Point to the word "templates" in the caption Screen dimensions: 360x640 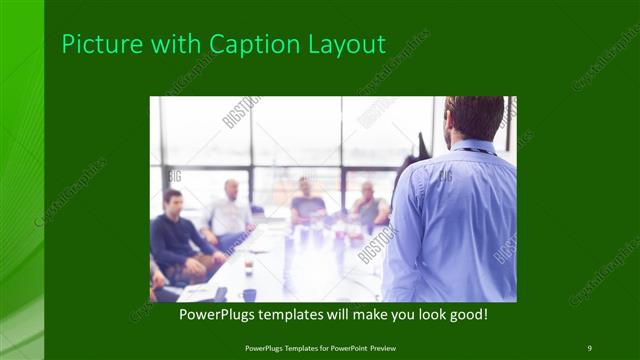coord(304,315)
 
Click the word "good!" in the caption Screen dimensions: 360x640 coord(465,315)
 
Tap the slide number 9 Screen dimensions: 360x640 coord(589,347)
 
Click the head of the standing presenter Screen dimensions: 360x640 coord(474,118)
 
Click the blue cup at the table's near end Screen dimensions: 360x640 coord(249,294)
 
